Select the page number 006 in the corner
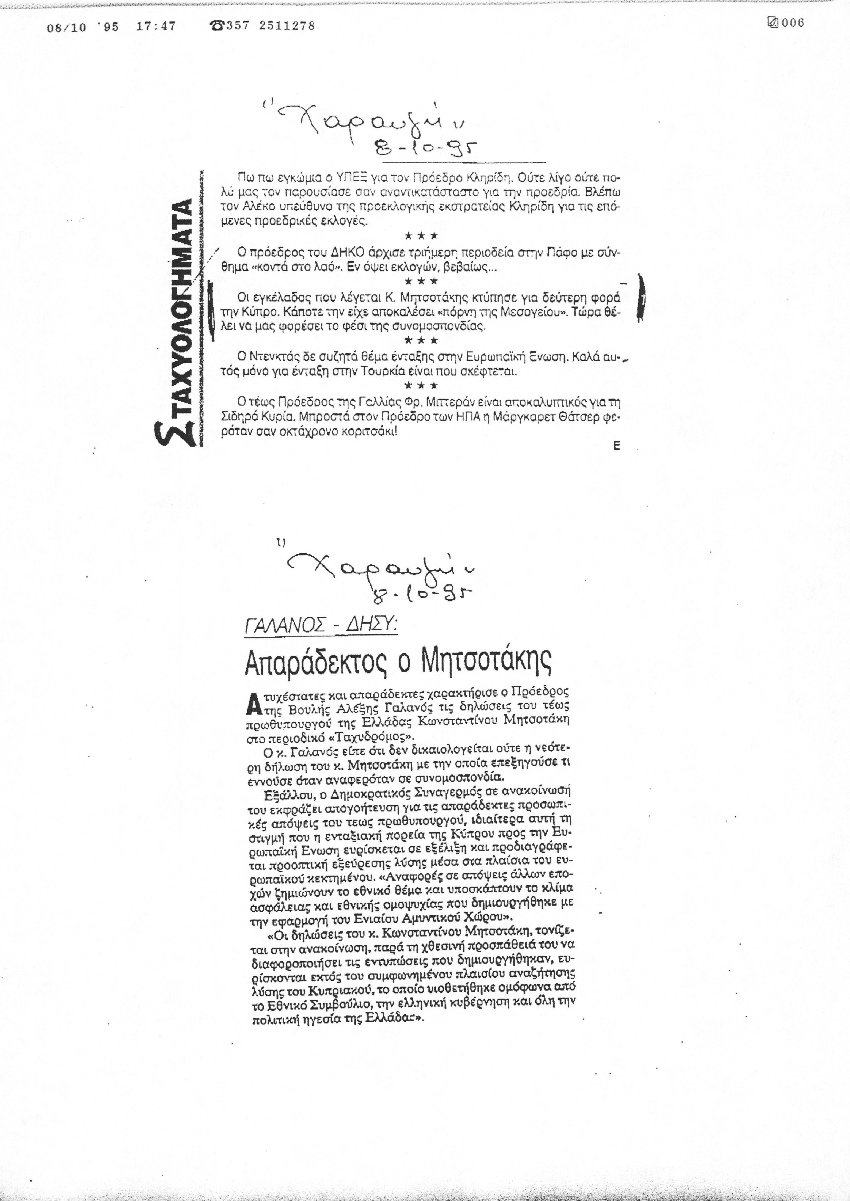tap(792, 23)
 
